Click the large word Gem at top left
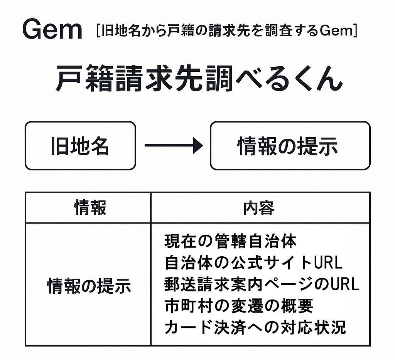52,30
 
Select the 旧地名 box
80,146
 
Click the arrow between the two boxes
173,146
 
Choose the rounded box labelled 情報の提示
290,146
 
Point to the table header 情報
89,208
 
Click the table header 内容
259,208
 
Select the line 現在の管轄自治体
230,242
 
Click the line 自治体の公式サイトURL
253,263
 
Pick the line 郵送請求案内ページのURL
262,284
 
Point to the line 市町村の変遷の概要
239,306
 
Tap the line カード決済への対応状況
255,328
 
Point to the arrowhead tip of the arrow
202,146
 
